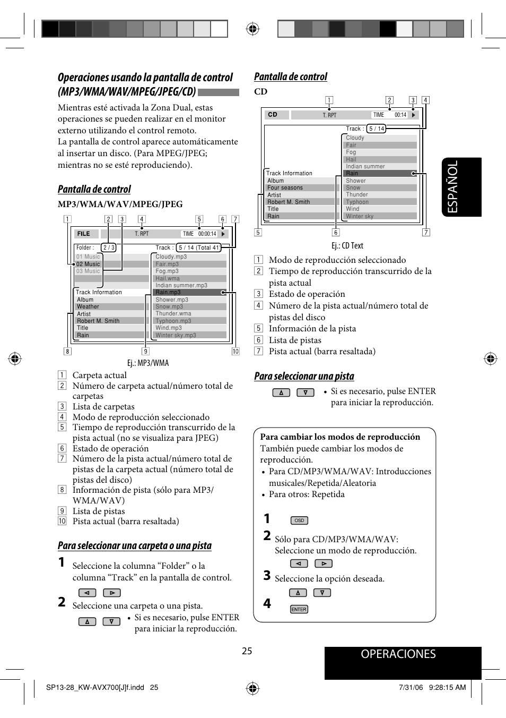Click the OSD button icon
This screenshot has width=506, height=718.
[299, 520]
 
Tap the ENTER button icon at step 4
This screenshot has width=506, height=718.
[299, 609]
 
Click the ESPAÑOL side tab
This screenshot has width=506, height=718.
[461, 187]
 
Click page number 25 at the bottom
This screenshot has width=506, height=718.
[247, 651]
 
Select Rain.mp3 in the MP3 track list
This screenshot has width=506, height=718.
[168, 292]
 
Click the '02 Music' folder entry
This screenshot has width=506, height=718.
[88, 264]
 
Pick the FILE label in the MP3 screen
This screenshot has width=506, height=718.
[84, 234]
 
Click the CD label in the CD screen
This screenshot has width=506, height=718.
[273, 115]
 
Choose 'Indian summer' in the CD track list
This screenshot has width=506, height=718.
[365, 166]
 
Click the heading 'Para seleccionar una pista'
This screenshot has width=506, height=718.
[304, 376]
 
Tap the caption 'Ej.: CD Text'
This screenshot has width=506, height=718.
[347, 245]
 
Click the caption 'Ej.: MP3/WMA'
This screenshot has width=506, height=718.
[148, 363]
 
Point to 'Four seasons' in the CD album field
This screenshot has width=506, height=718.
[285, 187]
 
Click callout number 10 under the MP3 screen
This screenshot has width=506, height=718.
[236, 351]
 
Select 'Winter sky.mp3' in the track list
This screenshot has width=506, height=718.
[176, 335]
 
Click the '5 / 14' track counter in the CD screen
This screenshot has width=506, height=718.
[377, 129]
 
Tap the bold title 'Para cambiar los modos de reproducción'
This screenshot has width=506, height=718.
[340, 437]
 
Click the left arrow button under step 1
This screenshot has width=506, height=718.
[87, 593]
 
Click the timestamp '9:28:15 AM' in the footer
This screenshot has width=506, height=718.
[447, 687]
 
